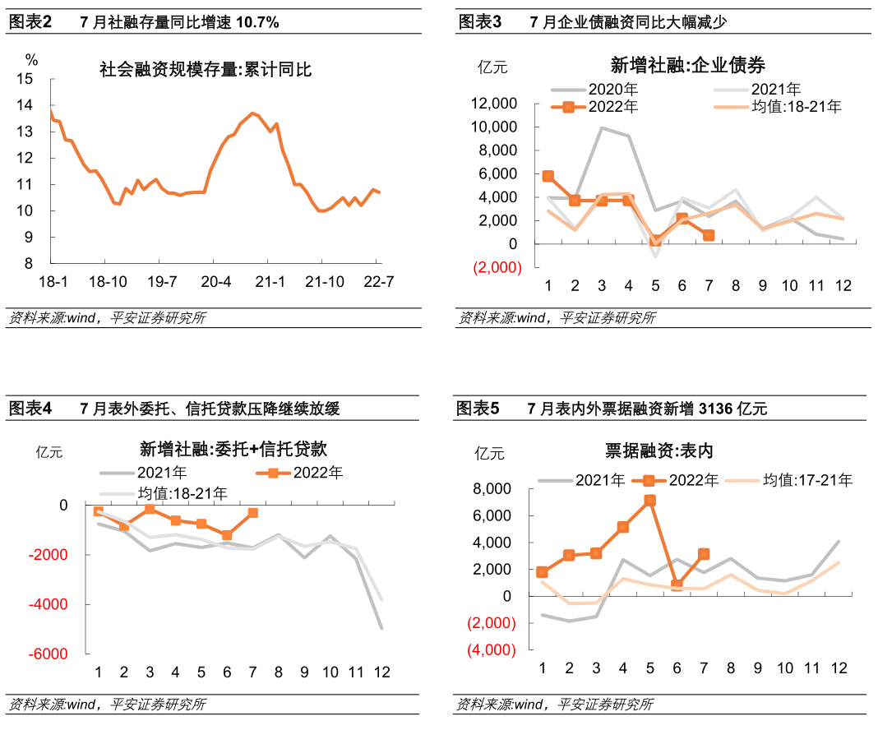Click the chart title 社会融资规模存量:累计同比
click(205, 71)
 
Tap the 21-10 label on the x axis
click(324, 281)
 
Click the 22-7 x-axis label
click(377, 281)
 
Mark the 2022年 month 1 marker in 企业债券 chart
click(548, 177)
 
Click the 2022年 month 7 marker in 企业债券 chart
click(708, 235)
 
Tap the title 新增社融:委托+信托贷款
click(233, 450)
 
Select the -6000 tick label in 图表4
click(51, 654)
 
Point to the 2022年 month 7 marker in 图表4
click(252, 513)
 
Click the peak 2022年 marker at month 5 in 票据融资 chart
click(649, 500)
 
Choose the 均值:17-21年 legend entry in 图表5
click(806, 481)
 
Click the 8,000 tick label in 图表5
click(493, 489)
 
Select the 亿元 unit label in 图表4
click(49, 451)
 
